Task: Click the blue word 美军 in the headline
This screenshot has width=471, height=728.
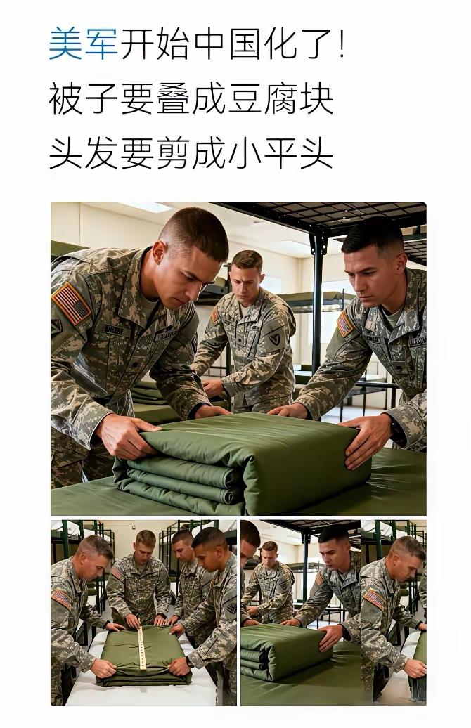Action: click(83, 44)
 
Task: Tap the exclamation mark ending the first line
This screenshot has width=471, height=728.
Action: click(342, 43)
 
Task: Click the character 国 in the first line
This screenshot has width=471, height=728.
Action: click(245, 44)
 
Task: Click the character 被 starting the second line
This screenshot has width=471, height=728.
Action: click(65, 98)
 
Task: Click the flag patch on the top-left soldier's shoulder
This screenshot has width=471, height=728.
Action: click(71, 303)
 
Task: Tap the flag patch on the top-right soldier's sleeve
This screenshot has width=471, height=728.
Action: click(344, 324)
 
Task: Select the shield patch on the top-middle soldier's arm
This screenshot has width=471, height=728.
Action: click(275, 339)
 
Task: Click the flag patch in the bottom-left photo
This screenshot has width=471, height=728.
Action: click(61, 599)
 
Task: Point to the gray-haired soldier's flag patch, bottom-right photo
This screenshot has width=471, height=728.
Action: click(374, 599)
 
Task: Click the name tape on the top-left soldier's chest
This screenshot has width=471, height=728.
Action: click(113, 330)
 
